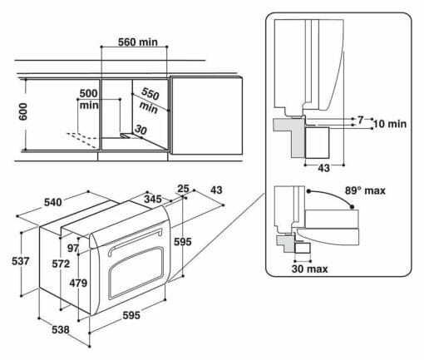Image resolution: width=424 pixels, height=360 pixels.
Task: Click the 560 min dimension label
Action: (x=138, y=42)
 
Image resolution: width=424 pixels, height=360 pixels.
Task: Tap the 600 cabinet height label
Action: (x=23, y=111)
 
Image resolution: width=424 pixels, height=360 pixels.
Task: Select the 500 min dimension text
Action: (x=89, y=99)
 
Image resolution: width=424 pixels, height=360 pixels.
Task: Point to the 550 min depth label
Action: (x=150, y=101)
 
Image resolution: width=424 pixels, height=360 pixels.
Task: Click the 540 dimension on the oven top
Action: (x=53, y=202)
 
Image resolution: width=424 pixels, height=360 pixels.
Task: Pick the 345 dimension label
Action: (x=153, y=199)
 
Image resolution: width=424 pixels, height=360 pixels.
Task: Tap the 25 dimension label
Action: (x=183, y=189)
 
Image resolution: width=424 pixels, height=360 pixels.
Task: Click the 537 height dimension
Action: (x=21, y=261)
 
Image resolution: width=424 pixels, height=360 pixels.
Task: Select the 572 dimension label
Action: (x=61, y=264)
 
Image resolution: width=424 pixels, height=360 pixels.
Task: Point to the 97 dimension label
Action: (x=73, y=248)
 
